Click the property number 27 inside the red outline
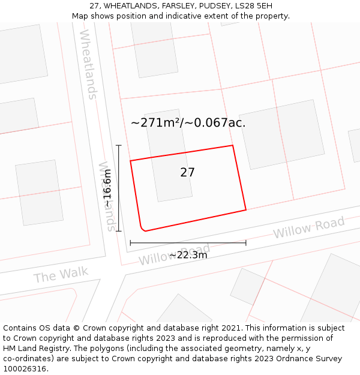(x=187, y=172)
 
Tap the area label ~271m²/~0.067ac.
(x=188, y=122)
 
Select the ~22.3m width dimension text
(x=188, y=255)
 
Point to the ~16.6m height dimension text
(x=107, y=188)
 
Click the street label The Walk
(x=61, y=275)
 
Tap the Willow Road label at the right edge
(x=309, y=227)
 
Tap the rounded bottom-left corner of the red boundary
(x=142, y=228)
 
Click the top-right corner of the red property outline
(x=232, y=145)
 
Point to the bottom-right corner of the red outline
(x=246, y=210)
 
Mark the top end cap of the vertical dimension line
(x=119, y=145)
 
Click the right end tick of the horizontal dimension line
(x=246, y=243)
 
